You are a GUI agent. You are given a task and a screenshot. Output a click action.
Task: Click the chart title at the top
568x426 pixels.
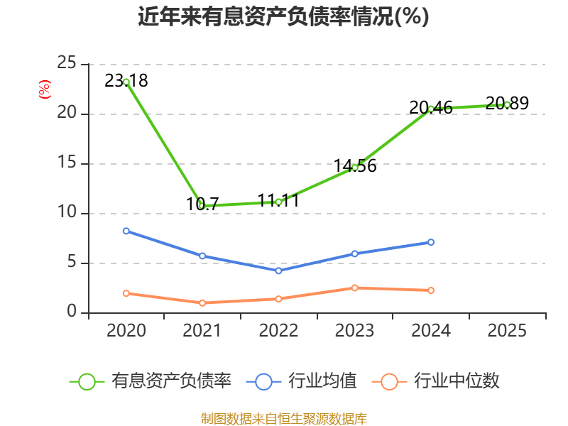pyautogui.click(x=283, y=16)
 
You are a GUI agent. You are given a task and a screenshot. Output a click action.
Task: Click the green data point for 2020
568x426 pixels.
pyautogui.click(x=126, y=82)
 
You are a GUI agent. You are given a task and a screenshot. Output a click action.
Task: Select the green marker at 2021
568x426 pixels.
pyautogui.click(x=202, y=206)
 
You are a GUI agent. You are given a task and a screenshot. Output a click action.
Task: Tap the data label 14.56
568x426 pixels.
pyautogui.click(x=355, y=165)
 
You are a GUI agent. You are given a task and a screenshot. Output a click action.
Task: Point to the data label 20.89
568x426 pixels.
pyautogui.click(x=507, y=103)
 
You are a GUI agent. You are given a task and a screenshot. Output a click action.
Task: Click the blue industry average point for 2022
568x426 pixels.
pyautogui.click(x=278, y=271)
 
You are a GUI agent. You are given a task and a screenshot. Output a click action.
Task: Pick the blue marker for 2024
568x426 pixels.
pyautogui.click(x=431, y=242)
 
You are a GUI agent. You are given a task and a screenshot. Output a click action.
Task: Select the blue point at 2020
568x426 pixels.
pyautogui.click(x=126, y=231)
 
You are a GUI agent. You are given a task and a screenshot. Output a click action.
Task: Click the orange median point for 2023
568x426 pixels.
pyautogui.click(x=354, y=288)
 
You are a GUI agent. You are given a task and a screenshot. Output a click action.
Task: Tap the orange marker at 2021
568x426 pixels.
pyautogui.click(x=202, y=303)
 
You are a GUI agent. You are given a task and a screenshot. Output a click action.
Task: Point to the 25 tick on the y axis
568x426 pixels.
pyautogui.click(x=67, y=63)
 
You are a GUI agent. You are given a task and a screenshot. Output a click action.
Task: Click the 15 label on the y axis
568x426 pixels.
pyautogui.click(x=67, y=163)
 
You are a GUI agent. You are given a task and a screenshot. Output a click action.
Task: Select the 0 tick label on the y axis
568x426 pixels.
pyautogui.click(x=72, y=312)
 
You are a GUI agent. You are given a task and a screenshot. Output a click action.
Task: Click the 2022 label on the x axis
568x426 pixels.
pyautogui.click(x=278, y=331)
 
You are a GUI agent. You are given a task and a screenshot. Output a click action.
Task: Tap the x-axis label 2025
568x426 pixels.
pyautogui.click(x=507, y=331)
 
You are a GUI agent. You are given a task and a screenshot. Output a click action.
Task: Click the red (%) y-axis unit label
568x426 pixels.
pyautogui.click(x=45, y=89)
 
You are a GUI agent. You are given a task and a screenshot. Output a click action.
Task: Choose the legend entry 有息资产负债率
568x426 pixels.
pyautogui.click(x=151, y=381)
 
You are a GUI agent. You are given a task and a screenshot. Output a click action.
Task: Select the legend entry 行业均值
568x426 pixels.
pyautogui.click(x=301, y=381)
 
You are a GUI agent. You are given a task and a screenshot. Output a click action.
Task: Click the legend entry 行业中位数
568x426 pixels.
pyautogui.click(x=436, y=381)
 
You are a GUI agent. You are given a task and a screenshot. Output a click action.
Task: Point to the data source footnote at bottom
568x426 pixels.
pyautogui.click(x=283, y=419)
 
